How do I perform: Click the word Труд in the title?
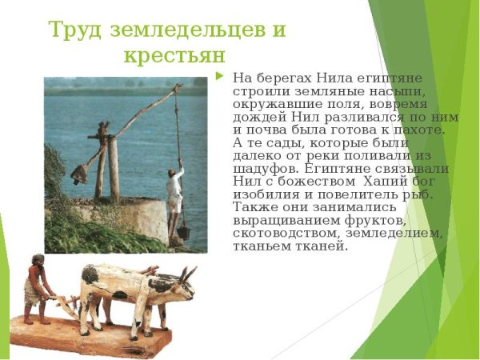(74, 30)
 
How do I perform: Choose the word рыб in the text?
(421, 194)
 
